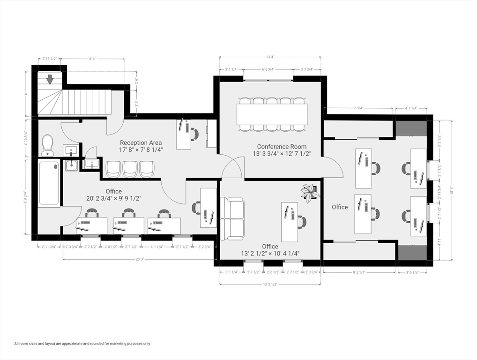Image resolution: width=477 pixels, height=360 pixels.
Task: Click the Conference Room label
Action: point(282,146)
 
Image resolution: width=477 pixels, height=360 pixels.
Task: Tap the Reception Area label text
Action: point(141,142)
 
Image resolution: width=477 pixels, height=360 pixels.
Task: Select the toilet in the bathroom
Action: point(47,145)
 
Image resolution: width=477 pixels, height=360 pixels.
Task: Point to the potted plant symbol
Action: point(310,191)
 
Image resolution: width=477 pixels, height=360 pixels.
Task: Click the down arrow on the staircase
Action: point(50,80)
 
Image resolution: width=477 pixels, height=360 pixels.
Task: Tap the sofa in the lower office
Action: point(232,218)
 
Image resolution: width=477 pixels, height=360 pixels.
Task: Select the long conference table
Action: point(272,114)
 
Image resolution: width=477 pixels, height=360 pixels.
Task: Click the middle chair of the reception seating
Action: point(130,169)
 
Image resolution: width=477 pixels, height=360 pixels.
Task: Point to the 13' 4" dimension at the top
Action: point(270,57)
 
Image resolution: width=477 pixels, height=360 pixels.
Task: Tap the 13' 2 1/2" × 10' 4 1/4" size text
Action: point(270,254)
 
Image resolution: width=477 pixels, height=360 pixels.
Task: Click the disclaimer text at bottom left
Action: point(82,344)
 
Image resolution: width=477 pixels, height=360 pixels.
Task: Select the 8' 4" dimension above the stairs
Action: point(93,59)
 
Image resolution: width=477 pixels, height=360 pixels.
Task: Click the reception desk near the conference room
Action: point(184,134)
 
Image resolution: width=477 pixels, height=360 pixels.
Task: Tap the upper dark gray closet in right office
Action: point(411,128)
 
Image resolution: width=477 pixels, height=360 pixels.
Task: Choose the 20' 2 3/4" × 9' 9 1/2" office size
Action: point(114,198)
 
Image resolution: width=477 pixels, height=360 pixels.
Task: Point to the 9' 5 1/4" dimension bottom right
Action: point(360,272)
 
